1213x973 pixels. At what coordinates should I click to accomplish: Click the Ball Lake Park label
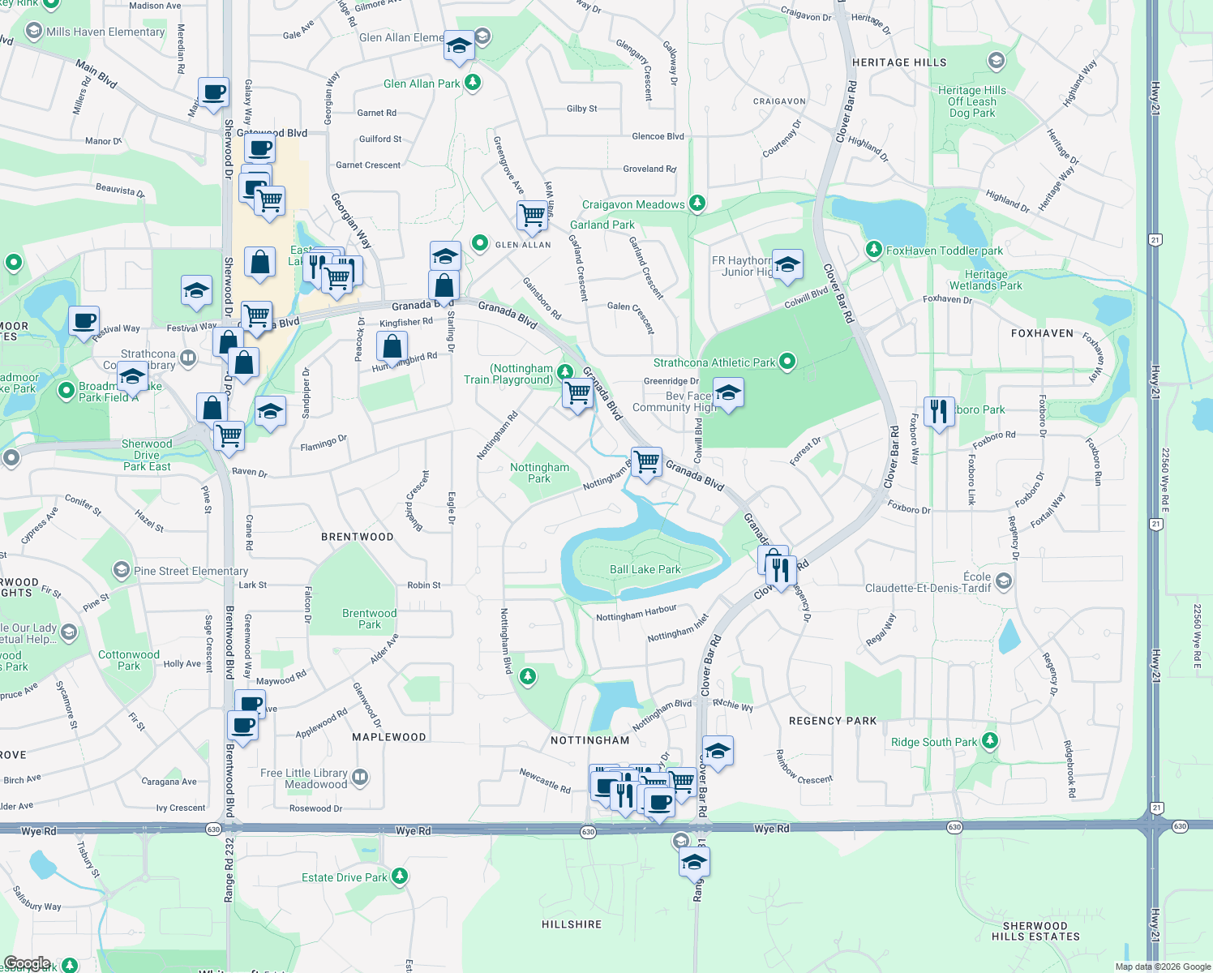tap(645, 570)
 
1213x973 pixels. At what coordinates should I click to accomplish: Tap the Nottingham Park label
tap(539, 473)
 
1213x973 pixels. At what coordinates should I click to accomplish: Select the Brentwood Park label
tap(369, 619)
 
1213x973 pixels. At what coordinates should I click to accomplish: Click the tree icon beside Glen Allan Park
tap(473, 83)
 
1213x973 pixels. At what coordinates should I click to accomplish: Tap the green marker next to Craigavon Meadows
tap(697, 204)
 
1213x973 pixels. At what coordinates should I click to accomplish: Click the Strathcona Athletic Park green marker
tap(787, 362)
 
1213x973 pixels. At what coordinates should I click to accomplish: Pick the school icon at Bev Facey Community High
tap(728, 393)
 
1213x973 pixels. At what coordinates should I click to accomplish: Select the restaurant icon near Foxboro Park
tap(938, 412)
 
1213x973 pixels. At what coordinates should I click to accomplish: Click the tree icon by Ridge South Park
tap(989, 741)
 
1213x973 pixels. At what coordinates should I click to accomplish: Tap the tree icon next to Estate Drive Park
tap(399, 877)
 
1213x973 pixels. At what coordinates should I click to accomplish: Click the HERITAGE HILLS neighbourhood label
tap(899, 62)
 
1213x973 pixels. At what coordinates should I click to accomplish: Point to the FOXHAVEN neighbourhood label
tap(1042, 333)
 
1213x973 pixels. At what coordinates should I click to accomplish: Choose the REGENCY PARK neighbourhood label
tap(833, 721)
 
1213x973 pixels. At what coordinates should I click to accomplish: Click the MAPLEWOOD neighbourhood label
tap(389, 737)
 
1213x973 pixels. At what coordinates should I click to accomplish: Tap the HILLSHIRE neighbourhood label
tap(572, 924)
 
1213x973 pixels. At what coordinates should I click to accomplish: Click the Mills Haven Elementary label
tap(105, 32)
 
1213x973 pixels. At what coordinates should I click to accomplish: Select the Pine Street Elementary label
tap(191, 571)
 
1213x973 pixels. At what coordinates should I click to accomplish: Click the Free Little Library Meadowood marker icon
tap(360, 778)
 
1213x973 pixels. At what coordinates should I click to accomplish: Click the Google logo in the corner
tap(27, 963)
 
